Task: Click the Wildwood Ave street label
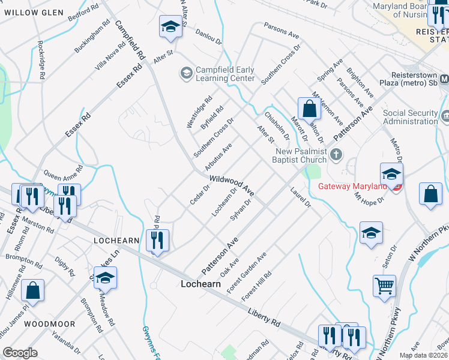pyautogui.click(x=232, y=186)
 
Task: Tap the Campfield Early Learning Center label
pyautogui.click(x=224, y=74)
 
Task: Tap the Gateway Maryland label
pyautogui.click(x=352, y=186)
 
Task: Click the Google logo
pyautogui.click(x=20, y=353)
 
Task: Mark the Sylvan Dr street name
pyautogui.click(x=240, y=210)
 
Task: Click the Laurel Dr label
pyautogui.click(x=301, y=199)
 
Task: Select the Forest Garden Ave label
pyautogui.click(x=247, y=273)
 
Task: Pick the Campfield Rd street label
pyautogui.click(x=130, y=41)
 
